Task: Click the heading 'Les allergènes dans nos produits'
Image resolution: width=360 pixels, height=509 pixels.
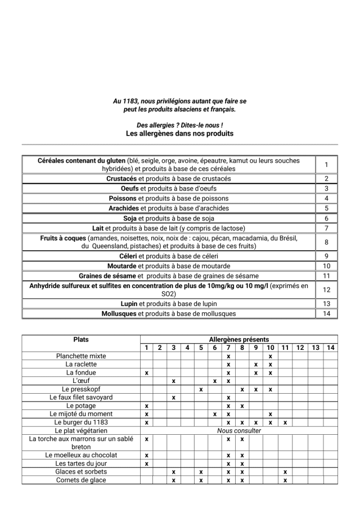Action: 179,134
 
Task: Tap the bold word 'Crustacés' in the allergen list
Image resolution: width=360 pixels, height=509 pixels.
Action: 121,178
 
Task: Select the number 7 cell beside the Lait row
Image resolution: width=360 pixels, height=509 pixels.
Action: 326,228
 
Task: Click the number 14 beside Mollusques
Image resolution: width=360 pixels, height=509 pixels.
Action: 326,313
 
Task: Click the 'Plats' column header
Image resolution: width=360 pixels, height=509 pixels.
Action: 81,340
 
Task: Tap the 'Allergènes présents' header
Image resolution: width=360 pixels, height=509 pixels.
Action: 238,340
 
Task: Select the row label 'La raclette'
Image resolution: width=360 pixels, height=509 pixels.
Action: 81,364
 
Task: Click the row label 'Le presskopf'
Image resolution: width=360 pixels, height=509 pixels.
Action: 81,389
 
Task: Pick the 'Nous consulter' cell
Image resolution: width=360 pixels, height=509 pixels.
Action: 238,431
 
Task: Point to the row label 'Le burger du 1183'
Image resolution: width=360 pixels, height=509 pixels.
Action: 81,422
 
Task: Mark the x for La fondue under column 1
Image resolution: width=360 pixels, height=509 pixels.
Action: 146,373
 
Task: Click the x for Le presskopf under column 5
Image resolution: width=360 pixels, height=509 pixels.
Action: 201,389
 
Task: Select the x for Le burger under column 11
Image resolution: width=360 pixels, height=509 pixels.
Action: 285,422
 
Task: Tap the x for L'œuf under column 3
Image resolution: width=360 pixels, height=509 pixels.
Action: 174,381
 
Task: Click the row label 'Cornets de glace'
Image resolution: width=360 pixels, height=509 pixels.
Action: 81,480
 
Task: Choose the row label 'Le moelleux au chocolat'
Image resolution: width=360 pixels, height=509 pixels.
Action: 81,455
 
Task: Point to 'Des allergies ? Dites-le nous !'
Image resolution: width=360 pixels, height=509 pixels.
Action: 179,125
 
